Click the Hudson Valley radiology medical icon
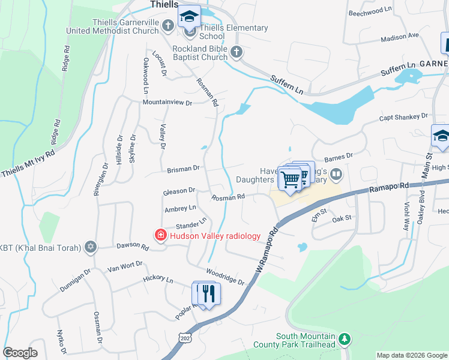[160, 235]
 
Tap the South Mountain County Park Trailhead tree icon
[345, 340]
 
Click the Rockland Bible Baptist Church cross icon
[237, 52]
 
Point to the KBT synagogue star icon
[91, 246]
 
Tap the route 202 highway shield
[185, 339]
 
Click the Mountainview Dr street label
[167, 103]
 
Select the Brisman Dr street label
[184, 169]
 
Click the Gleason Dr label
[179, 191]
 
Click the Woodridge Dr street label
[226, 277]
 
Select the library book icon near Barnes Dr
[336, 175]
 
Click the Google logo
[20, 353]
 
